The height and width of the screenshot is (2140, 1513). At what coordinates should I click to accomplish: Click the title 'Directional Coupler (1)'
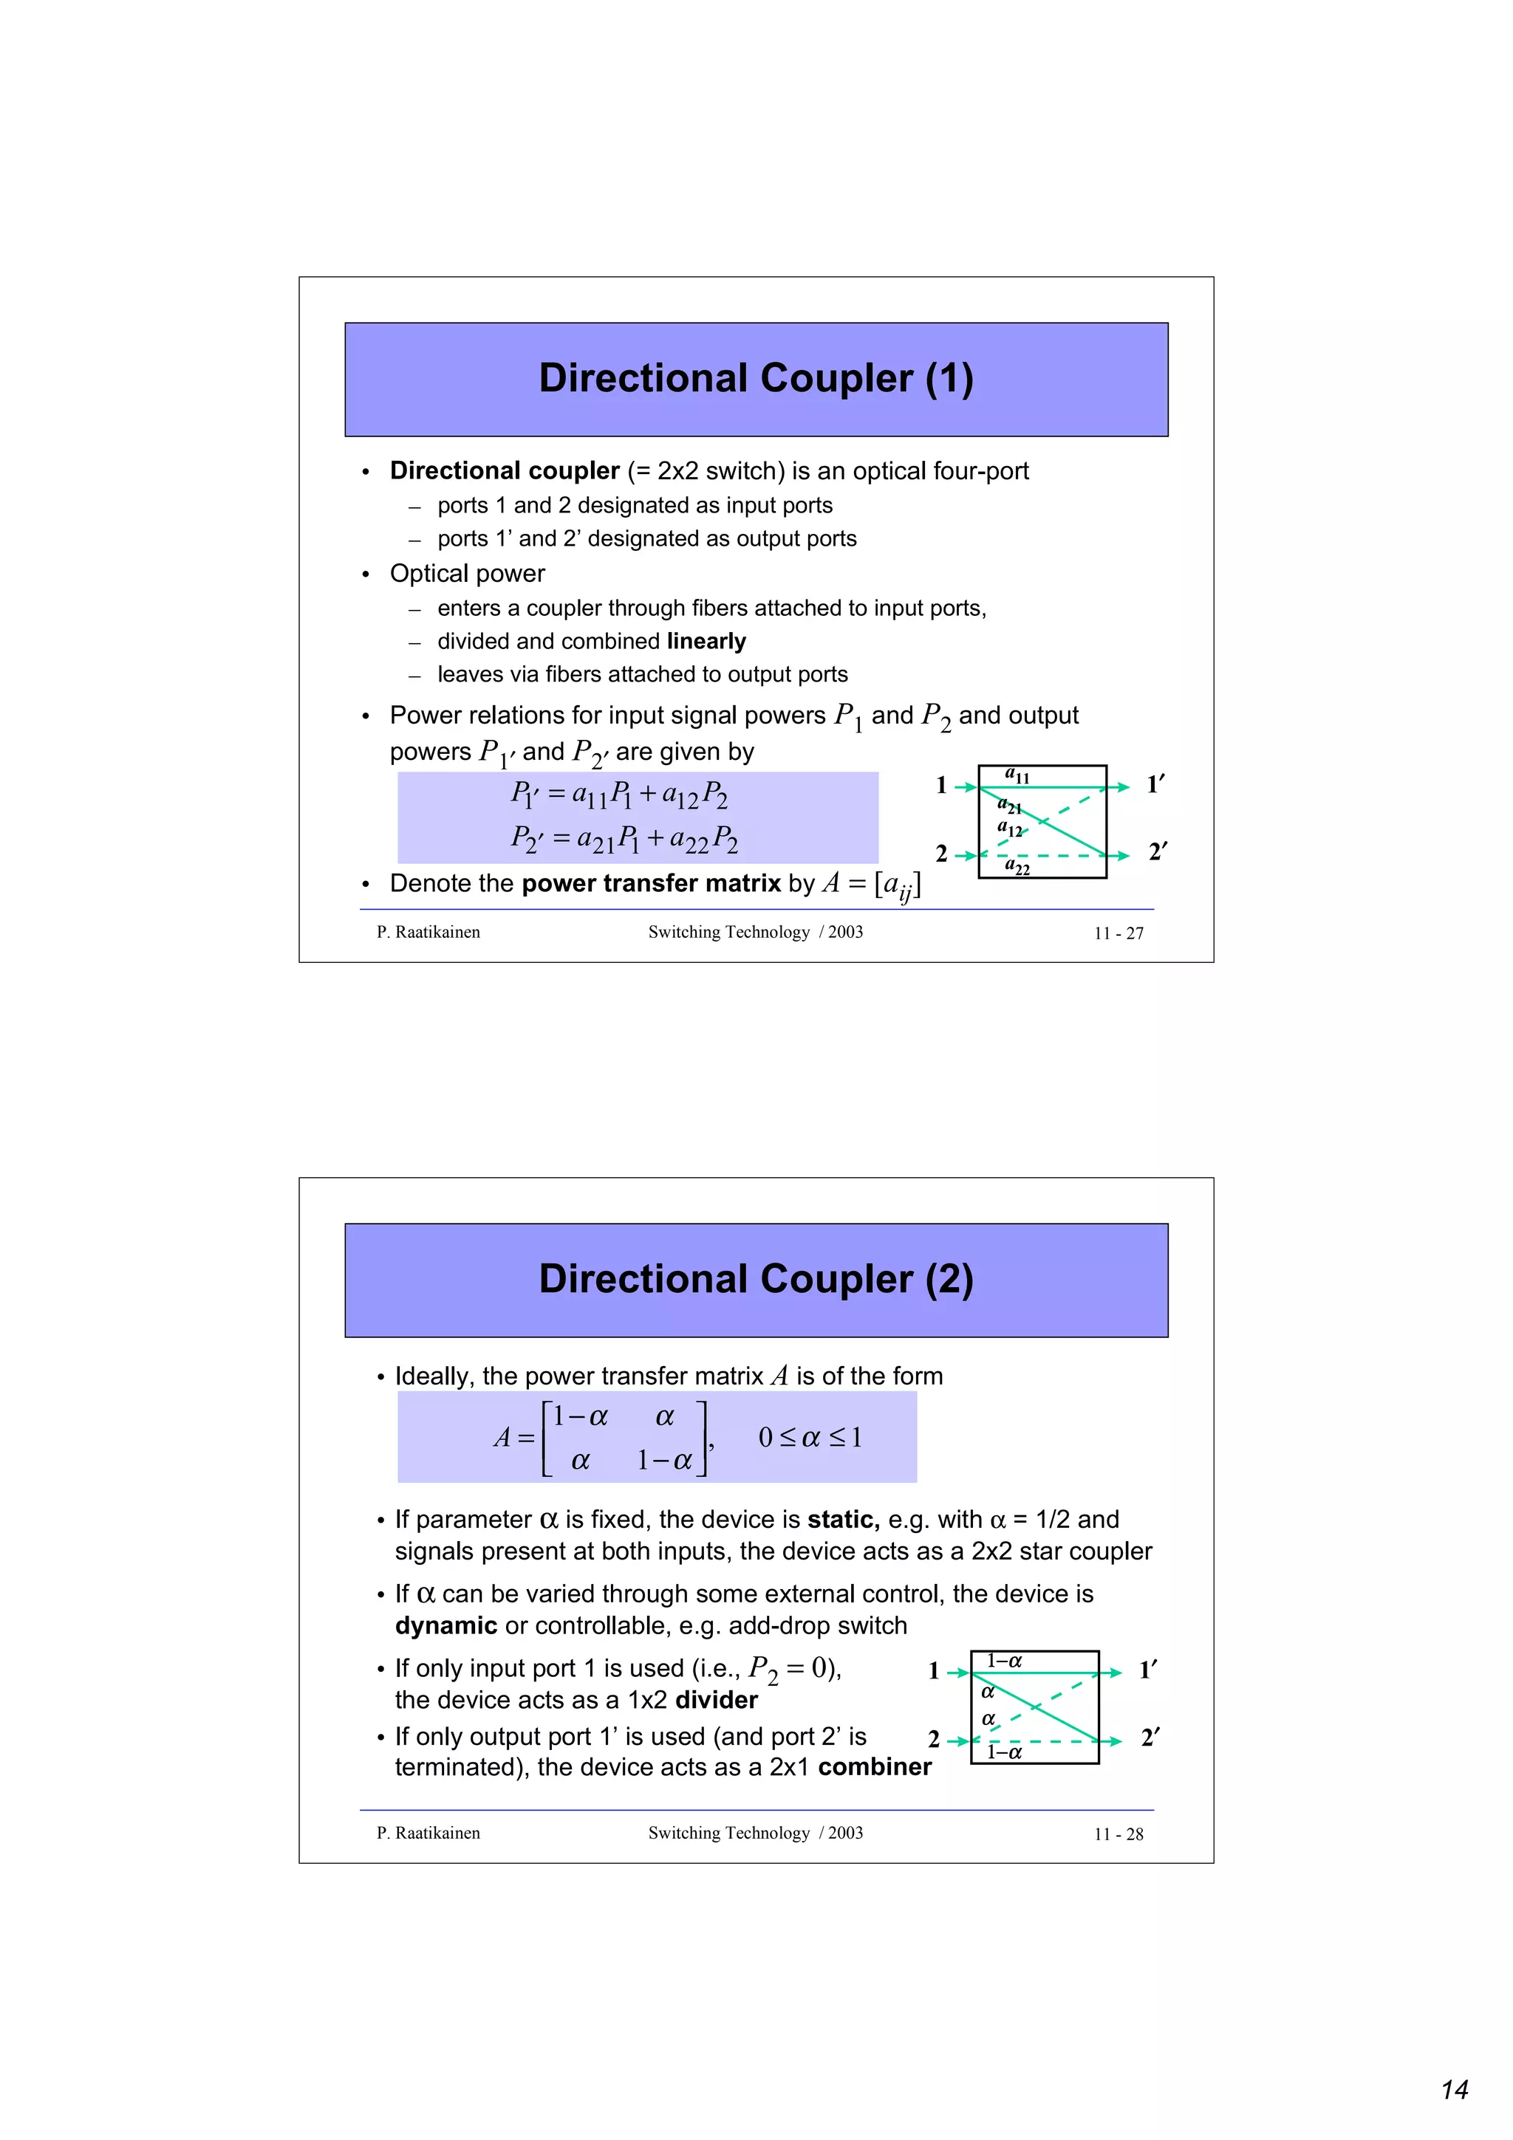point(756,378)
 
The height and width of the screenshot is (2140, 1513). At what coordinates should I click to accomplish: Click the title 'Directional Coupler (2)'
point(756,1279)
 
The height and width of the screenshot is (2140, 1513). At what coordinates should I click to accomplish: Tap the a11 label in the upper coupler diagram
point(1017,775)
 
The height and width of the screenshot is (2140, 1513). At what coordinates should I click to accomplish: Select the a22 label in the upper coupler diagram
point(1017,867)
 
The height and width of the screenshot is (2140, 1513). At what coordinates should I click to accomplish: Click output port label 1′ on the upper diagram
point(1156,785)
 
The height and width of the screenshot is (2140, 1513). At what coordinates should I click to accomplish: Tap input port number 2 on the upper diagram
point(941,854)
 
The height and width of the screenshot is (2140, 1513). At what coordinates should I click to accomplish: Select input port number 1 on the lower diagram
point(934,1670)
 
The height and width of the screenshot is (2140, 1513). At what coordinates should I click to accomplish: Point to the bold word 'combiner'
point(875,1767)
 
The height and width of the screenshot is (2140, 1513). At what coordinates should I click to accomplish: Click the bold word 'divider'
point(716,1700)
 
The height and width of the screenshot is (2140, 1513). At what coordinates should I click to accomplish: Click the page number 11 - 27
point(1118,933)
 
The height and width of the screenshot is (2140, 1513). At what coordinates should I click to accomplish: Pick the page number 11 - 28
point(1118,1834)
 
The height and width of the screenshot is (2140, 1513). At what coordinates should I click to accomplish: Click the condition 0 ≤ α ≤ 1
point(810,1437)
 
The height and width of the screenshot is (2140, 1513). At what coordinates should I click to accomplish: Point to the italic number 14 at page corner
point(1455,2090)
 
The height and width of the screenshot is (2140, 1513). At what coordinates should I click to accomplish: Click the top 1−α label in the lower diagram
point(1004,1661)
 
